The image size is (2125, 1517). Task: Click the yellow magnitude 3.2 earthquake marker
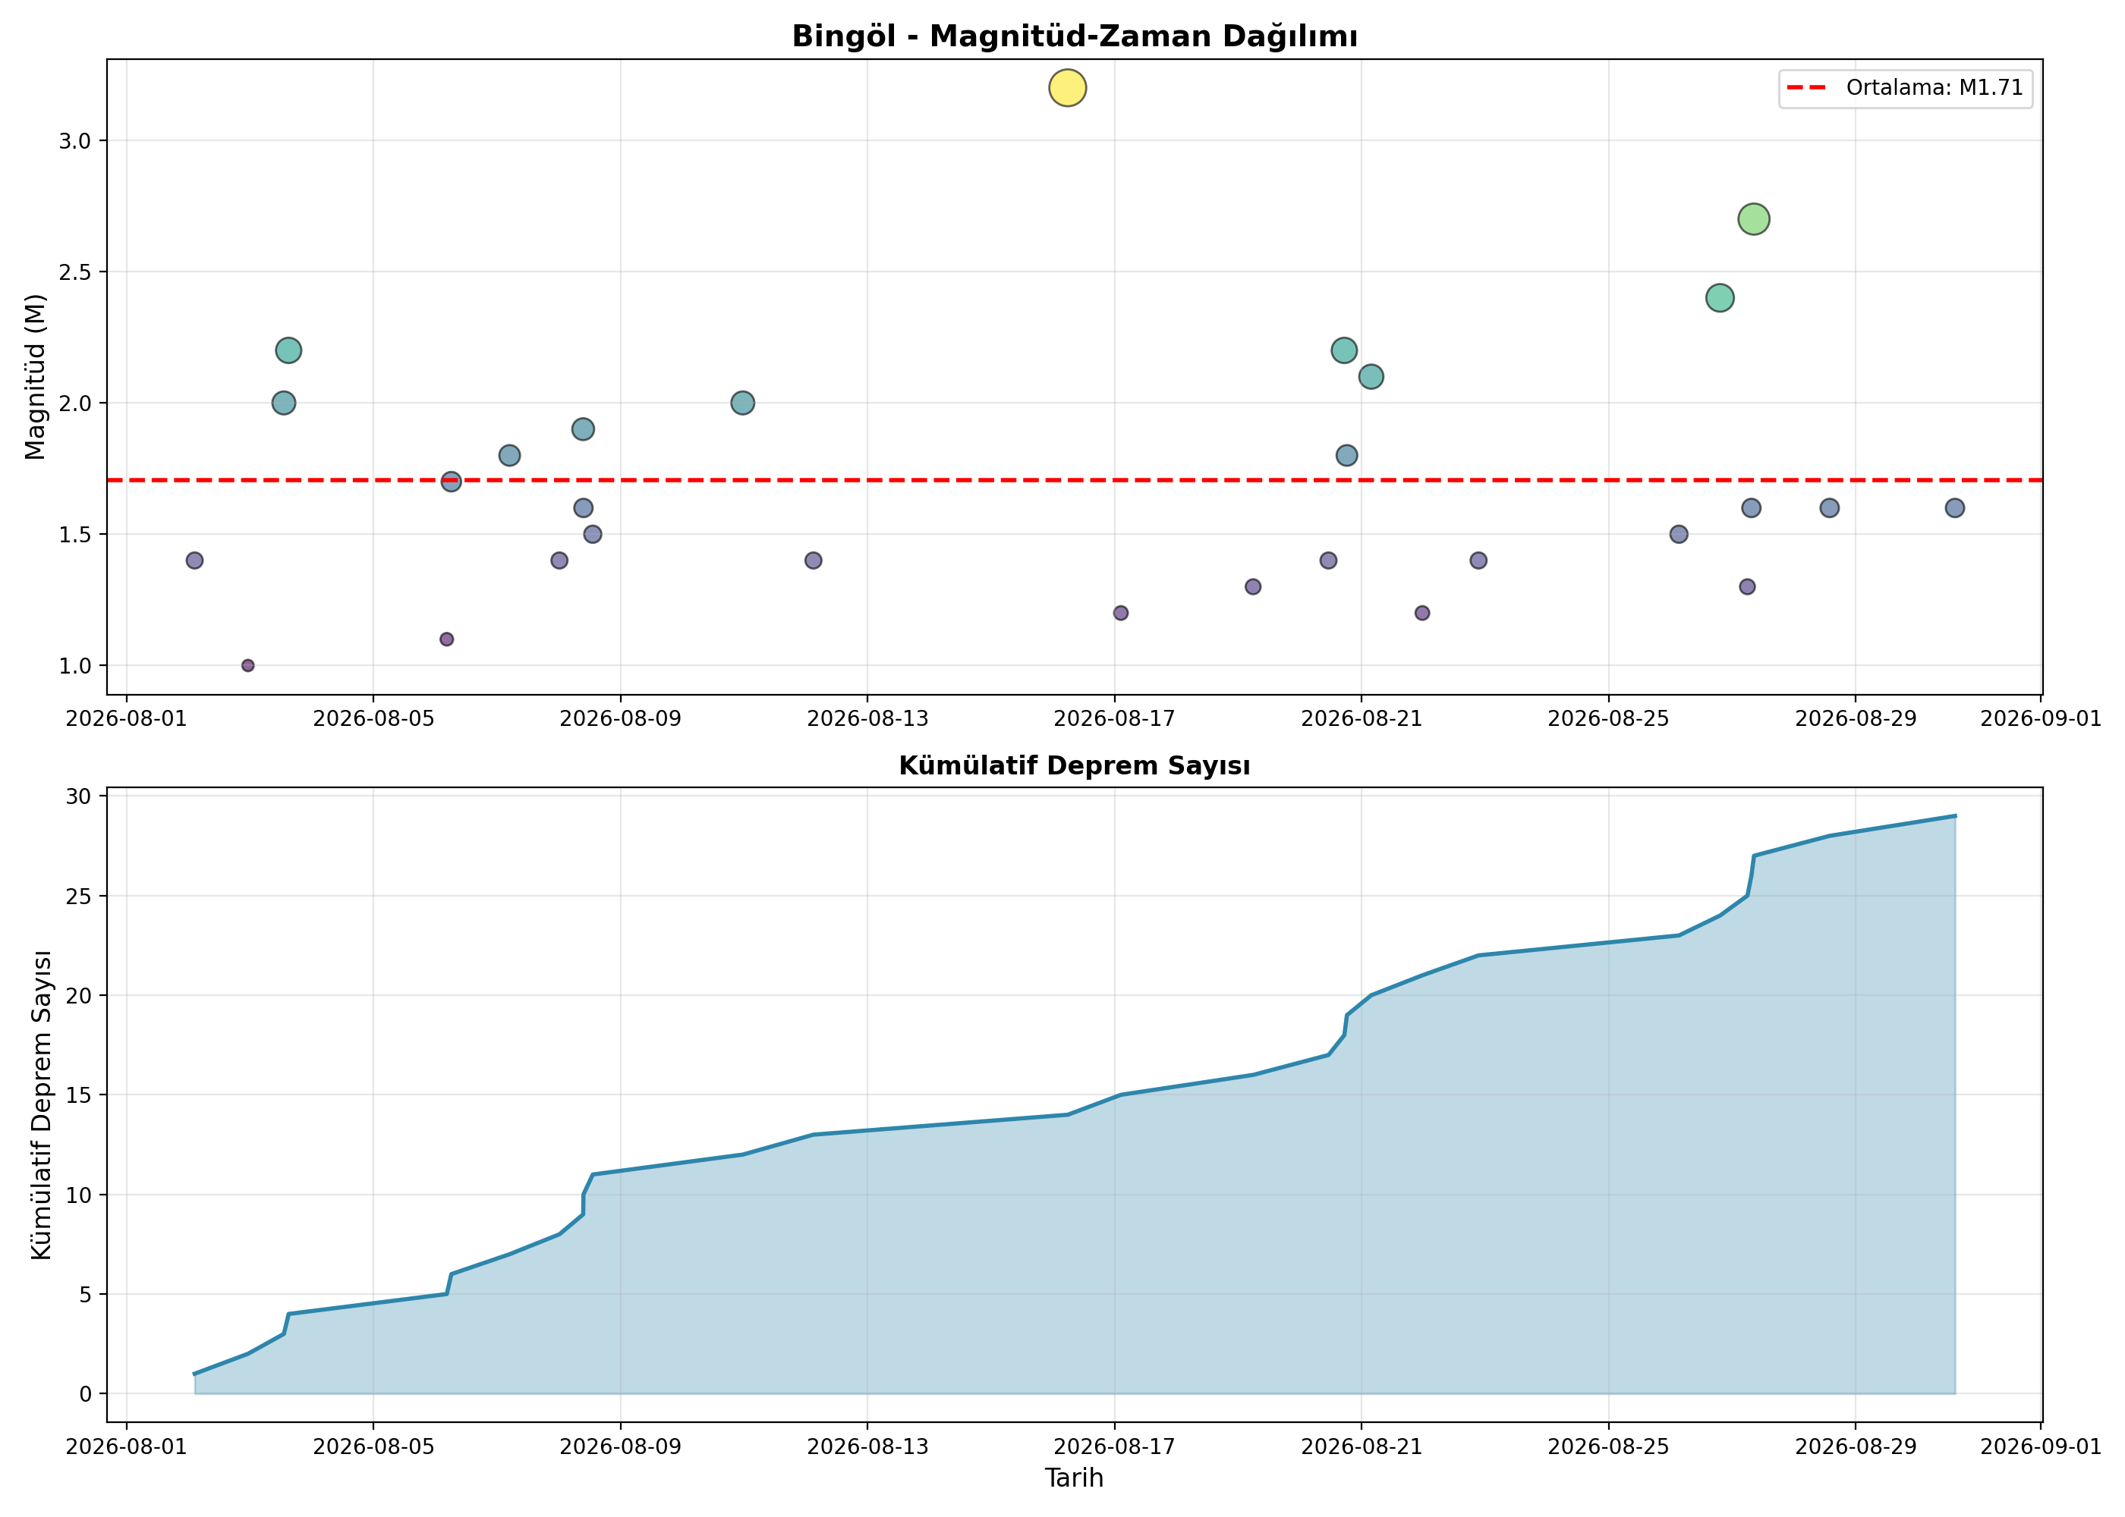pyautogui.click(x=1067, y=88)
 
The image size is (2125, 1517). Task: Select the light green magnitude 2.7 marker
pyautogui.click(x=1753, y=219)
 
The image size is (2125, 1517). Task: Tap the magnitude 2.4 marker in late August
pyautogui.click(x=1720, y=298)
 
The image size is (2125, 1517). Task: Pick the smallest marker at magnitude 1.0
pyautogui.click(x=247, y=665)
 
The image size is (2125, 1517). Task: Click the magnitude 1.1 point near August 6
pyautogui.click(x=447, y=639)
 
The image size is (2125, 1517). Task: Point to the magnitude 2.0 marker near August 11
pyautogui.click(x=742, y=403)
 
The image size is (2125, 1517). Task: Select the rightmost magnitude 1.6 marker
pyautogui.click(x=1955, y=508)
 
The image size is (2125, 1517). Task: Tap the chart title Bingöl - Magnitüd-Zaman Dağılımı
pyautogui.click(x=1075, y=36)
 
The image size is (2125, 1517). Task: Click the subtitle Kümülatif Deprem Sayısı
pyautogui.click(x=1075, y=766)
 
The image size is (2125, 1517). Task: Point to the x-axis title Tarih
pyautogui.click(x=1074, y=1478)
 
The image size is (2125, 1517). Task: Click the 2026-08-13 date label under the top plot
pyautogui.click(x=867, y=718)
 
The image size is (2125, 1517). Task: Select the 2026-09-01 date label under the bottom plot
pyautogui.click(x=2041, y=1447)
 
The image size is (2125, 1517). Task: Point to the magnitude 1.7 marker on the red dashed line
pyautogui.click(x=450, y=482)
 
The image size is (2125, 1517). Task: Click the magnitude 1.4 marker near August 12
pyautogui.click(x=813, y=561)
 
